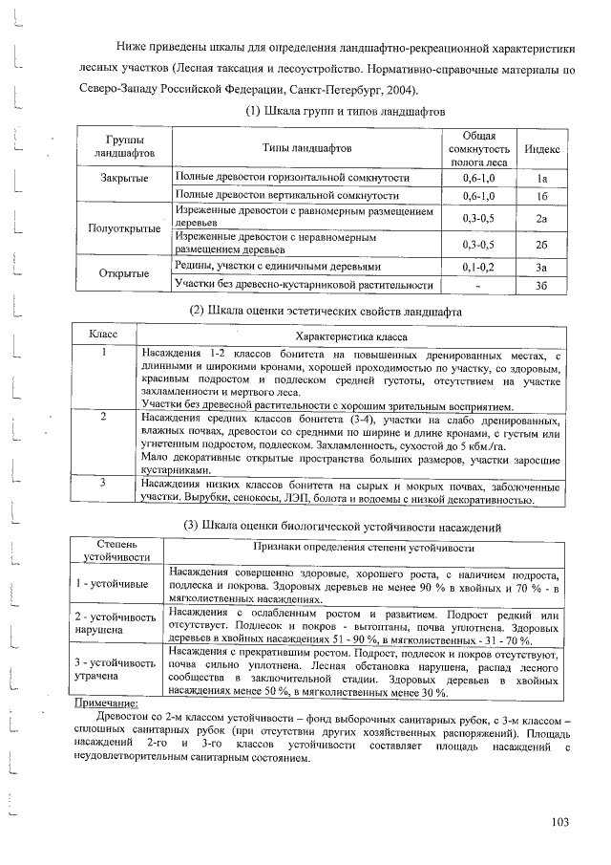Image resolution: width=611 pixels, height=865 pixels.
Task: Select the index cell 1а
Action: coord(541,178)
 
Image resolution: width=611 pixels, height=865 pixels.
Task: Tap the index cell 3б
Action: coord(541,284)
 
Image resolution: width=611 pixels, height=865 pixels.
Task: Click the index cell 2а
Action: coord(541,218)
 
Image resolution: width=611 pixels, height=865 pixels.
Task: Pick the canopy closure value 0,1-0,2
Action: coord(478,266)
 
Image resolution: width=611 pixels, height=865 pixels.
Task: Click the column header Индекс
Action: coord(541,150)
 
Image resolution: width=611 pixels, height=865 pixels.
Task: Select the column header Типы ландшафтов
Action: coord(306,149)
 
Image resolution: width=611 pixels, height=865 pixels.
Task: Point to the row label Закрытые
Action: coord(123,179)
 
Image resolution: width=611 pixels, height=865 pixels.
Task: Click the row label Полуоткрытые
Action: coord(123,229)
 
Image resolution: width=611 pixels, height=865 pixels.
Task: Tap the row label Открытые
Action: coord(123,274)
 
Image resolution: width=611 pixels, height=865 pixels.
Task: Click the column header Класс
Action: coord(103,335)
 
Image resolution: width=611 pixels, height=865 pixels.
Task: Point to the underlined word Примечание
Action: coord(106,703)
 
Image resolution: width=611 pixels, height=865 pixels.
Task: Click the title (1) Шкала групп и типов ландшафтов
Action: coord(333,112)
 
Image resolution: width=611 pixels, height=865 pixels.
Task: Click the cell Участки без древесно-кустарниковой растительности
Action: coord(303,285)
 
